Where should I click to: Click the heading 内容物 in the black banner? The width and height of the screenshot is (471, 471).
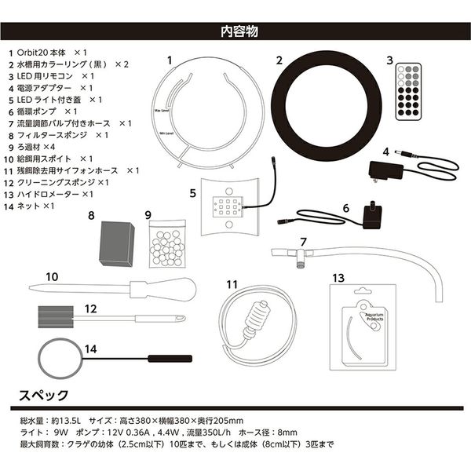(x=235, y=32)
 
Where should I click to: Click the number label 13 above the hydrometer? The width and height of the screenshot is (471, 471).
(x=338, y=277)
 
